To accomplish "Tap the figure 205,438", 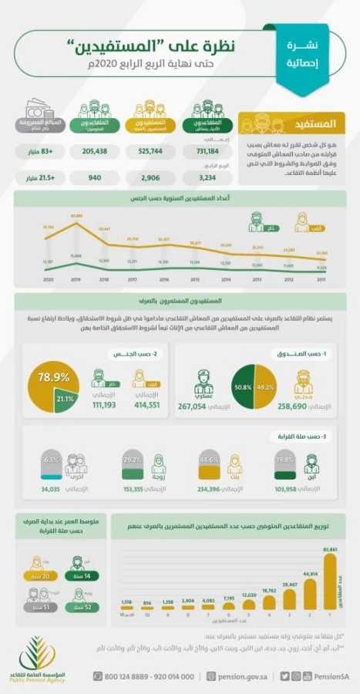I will (92, 153).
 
